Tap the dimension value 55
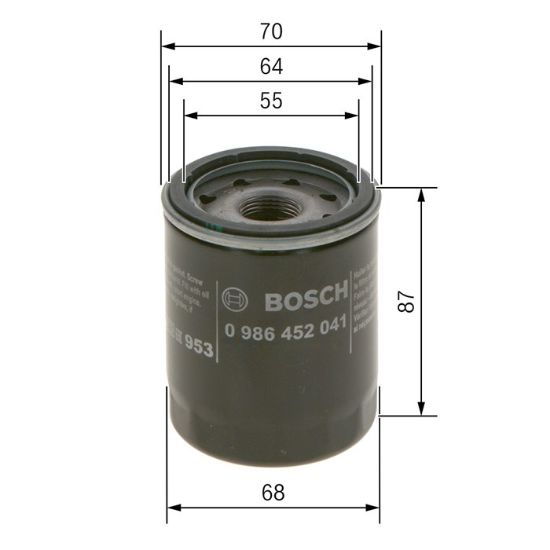pyautogui.click(x=271, y=100)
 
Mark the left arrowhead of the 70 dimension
pyautogui.click(x=167, y=45)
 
